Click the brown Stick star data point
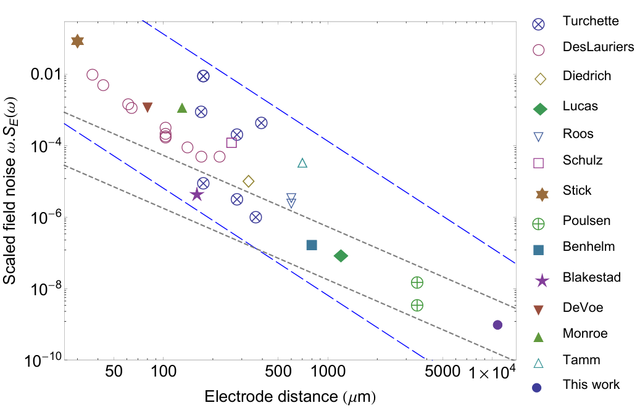tap(77, 41)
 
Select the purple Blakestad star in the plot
tap(197, 194)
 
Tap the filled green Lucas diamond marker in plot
tap(341, 256)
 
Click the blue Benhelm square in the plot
tap(312, 245)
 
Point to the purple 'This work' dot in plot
tap(497, 325)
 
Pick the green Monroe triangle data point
tap(182, 108)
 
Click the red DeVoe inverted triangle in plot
tap(148, 107)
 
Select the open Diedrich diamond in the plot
tap(248, 181)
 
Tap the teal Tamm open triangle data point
tap(302, 163)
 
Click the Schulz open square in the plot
tap(231, 142)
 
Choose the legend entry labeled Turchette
tap(591, 21)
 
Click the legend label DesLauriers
tap(599, 46)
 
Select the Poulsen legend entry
tap(586, 221)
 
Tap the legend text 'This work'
tap(591, 385)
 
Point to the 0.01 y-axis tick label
tap(46, 75)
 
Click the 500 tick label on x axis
tap(278, 372)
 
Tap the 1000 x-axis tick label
tap(327, 372)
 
